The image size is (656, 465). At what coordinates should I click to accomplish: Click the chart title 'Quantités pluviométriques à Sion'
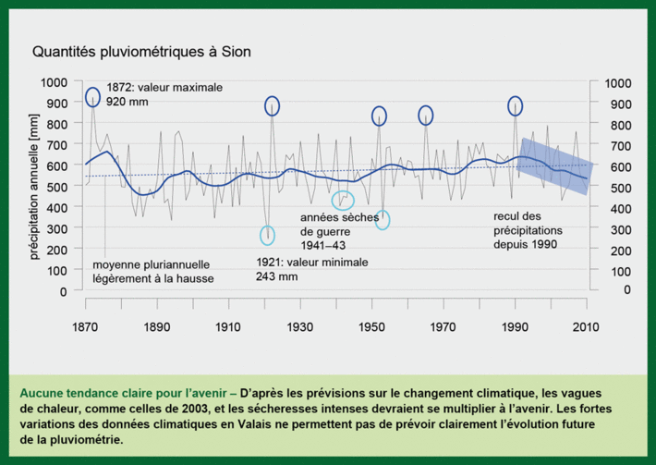click(x=140, y=53)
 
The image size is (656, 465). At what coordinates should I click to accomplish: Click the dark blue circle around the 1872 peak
click(x=92, y=97)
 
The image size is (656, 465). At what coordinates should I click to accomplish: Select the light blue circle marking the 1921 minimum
click(x=268, y=235)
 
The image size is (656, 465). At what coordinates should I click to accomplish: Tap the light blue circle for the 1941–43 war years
click(x=343, y=200)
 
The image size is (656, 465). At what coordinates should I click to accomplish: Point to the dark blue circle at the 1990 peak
click(x=516, y=105)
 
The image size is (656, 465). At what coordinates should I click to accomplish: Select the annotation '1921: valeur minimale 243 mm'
click(x=311, y=269)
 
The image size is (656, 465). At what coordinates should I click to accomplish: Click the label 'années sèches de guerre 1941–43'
click(x=334, y=231)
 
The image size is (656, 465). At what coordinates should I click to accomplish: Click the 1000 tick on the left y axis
click(x=58, y=82)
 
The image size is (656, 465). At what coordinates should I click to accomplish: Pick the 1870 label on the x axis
click(x=84, y=326)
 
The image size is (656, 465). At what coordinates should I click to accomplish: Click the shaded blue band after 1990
click(x=554, y=166)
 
